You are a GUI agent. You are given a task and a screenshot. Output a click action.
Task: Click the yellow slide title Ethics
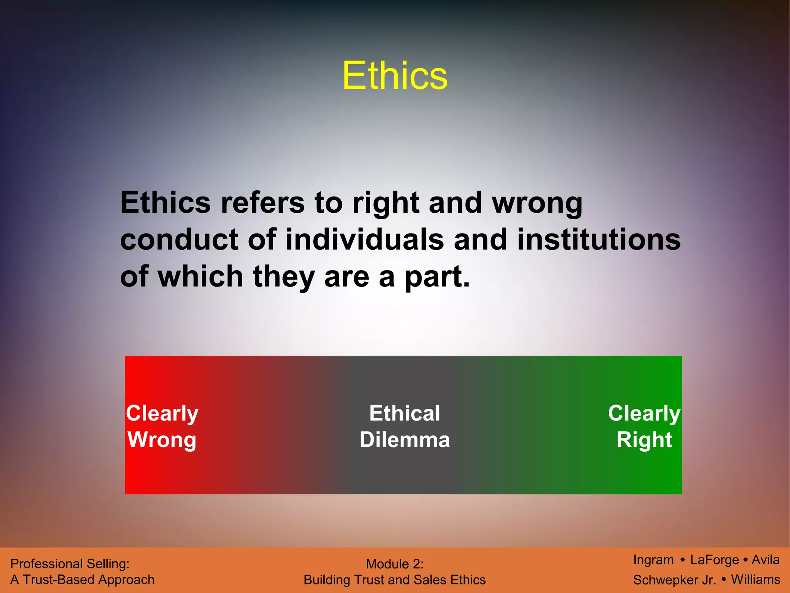pos(395,76)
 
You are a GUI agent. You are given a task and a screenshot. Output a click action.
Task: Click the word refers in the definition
pos(262,203)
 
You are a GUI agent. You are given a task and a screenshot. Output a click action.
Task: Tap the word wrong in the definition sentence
pos(537,203)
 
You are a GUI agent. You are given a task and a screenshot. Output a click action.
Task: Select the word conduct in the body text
pos(179,240)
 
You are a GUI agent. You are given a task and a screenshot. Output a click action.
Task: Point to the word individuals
pos(365,240)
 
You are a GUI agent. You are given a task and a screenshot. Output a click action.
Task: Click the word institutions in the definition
pos(599,240)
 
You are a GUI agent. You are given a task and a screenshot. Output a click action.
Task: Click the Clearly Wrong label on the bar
pos(162,427)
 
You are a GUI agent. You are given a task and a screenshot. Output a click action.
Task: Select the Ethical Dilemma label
pos(405,427)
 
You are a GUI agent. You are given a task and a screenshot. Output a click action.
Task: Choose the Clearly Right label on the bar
pos(644,427)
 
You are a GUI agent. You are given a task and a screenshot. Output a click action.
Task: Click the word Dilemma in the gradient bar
pos(405,440)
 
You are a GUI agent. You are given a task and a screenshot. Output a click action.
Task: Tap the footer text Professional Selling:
pos(70,564)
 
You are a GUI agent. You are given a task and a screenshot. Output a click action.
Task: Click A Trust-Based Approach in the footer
pos(82,580)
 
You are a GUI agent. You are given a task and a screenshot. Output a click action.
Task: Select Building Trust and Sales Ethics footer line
pos(395,580)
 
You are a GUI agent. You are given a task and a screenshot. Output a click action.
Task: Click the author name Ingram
pos(653,560)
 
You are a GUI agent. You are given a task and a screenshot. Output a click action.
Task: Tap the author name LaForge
pos(714,560)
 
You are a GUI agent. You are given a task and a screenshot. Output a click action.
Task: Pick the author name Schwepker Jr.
pos(674,580)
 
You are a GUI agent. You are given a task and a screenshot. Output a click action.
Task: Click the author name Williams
pos(755,579)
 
